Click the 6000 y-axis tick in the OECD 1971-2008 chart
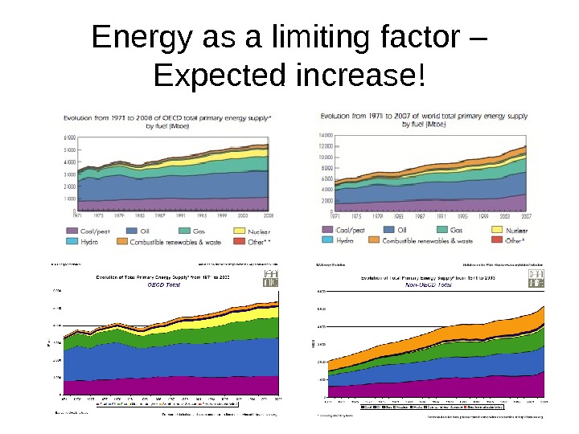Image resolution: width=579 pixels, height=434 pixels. coord(69,138)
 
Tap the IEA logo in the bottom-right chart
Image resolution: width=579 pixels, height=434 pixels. coord(534,277)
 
